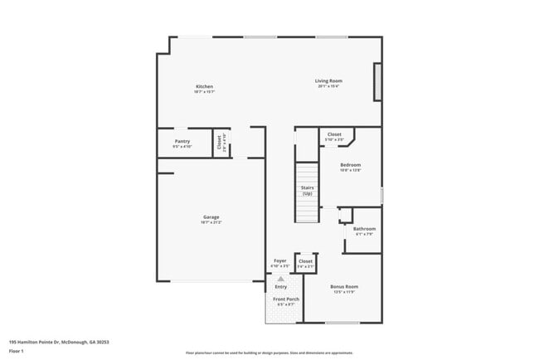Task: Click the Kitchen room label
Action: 204,86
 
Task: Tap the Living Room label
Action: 328,80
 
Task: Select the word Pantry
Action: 182,141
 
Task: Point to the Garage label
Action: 211,217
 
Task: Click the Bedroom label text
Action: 350,165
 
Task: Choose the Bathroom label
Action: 364,228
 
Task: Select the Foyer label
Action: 280,260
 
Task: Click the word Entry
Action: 280,286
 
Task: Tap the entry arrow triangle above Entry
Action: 280,279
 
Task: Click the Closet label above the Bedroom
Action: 334,134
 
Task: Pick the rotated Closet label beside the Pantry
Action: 220,143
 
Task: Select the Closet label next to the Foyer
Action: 305,260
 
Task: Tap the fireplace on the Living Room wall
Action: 378,84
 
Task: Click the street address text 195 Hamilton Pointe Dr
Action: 59,341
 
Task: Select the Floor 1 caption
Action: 17,351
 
